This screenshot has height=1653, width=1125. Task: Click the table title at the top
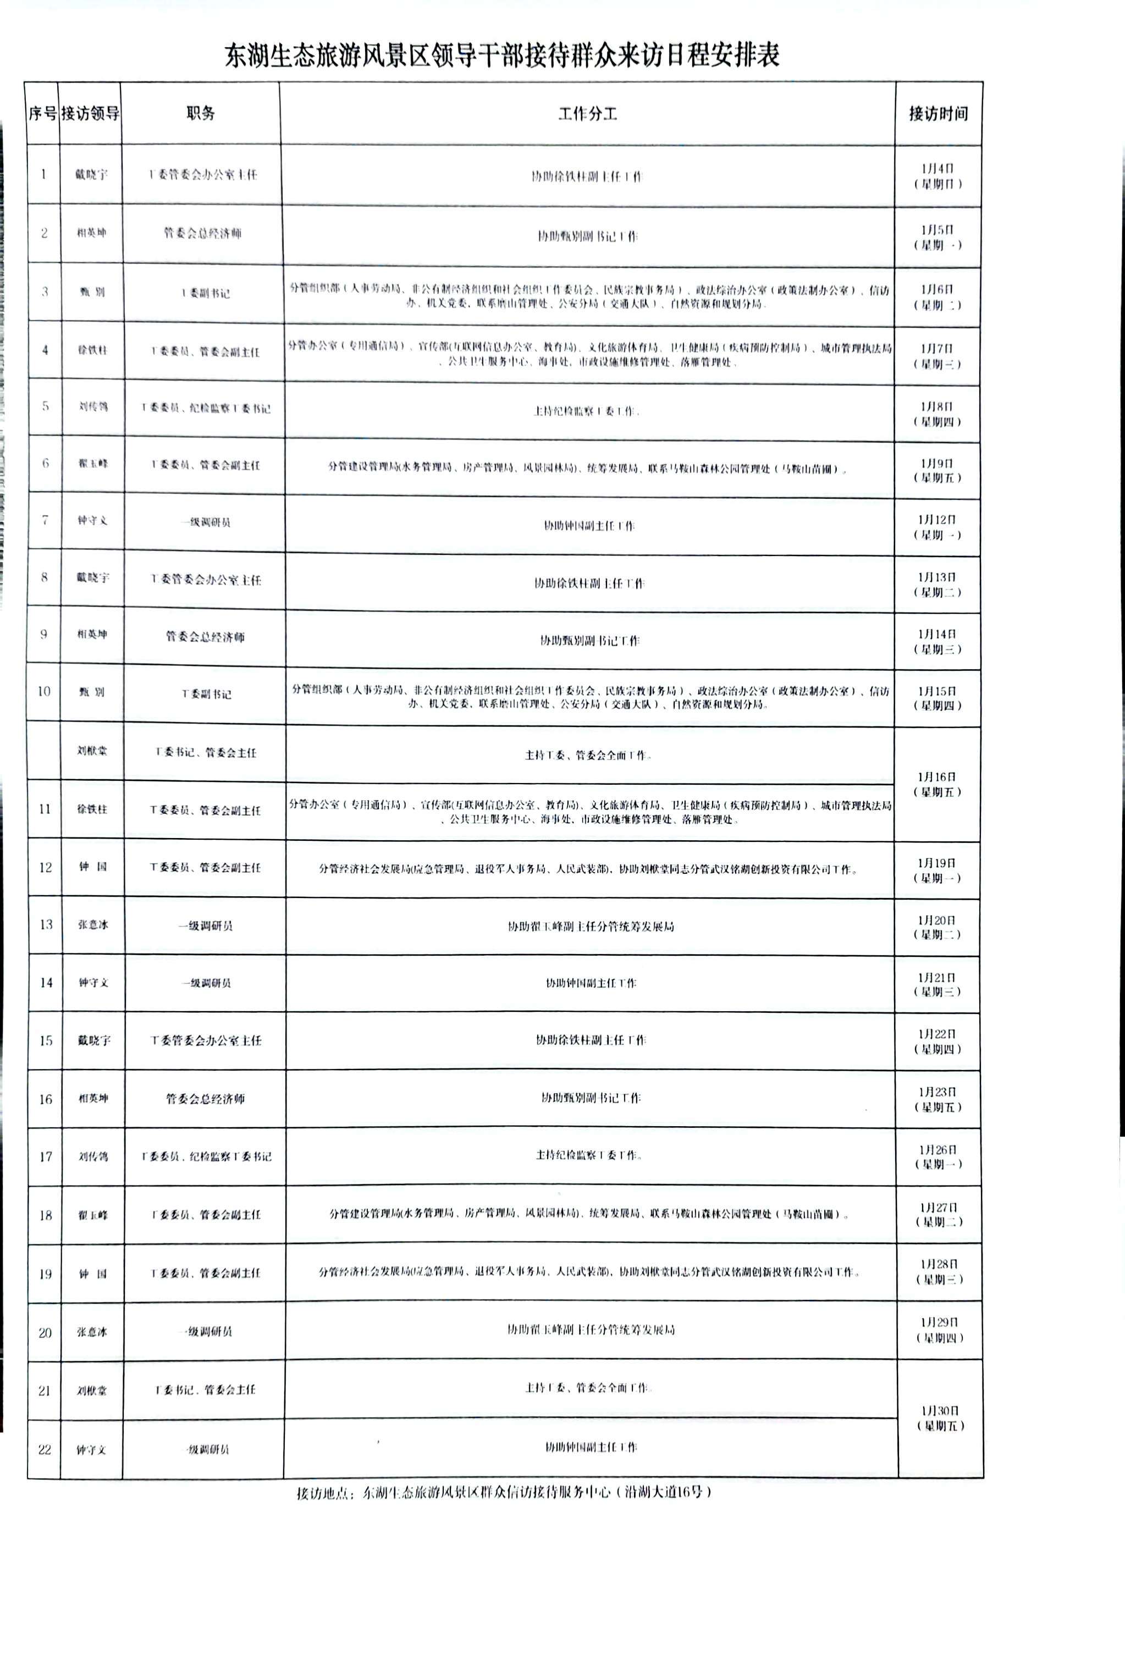(502, 56)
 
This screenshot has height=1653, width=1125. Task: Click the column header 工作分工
(587, 114)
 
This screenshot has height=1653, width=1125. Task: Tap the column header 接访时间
(938, 114)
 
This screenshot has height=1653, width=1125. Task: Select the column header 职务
(201, 113)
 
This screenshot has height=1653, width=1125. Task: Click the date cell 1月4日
(937, 175)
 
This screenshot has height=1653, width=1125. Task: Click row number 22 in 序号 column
(44, 1450)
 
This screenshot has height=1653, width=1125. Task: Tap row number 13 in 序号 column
(46, 924)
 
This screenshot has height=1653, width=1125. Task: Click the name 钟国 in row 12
(92, 867)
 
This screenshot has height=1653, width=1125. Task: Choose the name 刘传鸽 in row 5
(93, 407)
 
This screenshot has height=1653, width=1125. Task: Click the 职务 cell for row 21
(205, 1390)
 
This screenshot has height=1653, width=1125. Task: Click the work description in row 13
(590, 927)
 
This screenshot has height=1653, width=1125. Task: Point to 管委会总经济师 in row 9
(205, 637)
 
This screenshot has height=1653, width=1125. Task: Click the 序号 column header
(42, 114)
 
